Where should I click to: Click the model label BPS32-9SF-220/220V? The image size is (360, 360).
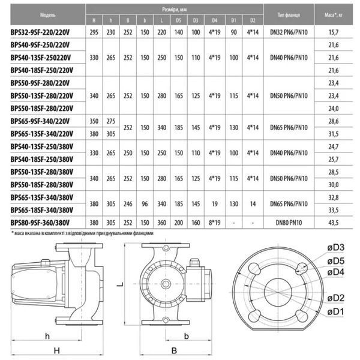tap(40, 32)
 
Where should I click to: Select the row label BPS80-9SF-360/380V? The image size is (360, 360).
tap(40, 223)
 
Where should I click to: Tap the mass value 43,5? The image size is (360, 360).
tap(334, 223)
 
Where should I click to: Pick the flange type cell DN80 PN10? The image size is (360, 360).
tap(289, 223)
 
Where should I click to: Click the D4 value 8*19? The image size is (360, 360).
tap(214, 223)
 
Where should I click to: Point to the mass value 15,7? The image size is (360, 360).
tap(334, 32)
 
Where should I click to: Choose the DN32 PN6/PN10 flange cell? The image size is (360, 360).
tap(289, 32)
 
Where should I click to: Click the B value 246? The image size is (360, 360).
tap(128, 204)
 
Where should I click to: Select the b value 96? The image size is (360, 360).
tap(145, 204)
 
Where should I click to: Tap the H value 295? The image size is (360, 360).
tap(94, 32)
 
